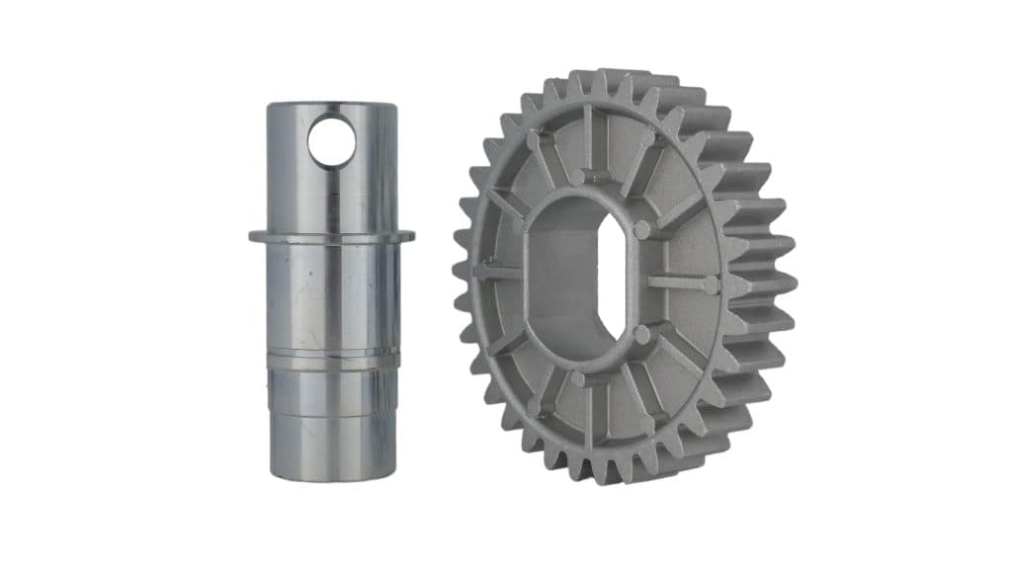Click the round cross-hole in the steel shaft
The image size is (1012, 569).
(331, 140)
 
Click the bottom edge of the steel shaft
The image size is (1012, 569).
(332, 480)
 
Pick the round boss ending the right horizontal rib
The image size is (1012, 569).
(711, 285)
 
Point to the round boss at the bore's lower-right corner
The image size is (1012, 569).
(643, 335)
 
